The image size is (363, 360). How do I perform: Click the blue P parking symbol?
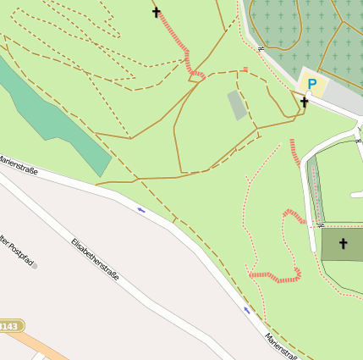pyautogui.click(x=312, y=84)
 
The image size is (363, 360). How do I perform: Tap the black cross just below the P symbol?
pyautogui.click(x=304, y=102)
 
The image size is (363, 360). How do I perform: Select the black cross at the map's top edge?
pyautogui.click(x=157, y=12)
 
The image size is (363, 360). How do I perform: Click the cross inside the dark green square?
pyautogui.click(x=344, y=244)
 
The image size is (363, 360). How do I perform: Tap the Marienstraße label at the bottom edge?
pyautogui.click(x=280, y=344)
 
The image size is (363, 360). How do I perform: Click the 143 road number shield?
pyautogui.click(x=9, y=326)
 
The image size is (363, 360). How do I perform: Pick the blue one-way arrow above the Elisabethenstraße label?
pyautogui.click(x=141, y=209)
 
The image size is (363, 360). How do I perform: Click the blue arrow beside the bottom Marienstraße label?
pyautogui.click(x=247, y=310)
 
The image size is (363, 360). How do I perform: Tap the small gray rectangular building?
pyautogui.click(x=237, y=105)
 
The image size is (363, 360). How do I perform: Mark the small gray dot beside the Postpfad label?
pyautogui.click(x=35, y=265)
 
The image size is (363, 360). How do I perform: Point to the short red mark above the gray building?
pyautogui.click(x=245, y=69)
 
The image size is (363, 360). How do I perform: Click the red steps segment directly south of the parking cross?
pyautogui.click(x=294, y=152)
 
